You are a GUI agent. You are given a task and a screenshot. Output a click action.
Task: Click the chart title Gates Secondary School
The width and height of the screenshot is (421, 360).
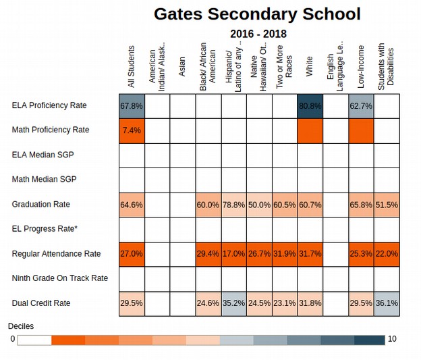click(x=257, y=14)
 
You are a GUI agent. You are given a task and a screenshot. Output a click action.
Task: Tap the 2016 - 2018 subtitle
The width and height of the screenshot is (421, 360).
click(x=258, y=34)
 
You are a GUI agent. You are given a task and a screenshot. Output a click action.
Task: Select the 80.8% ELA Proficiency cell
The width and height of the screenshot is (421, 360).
click(x=310, y=106)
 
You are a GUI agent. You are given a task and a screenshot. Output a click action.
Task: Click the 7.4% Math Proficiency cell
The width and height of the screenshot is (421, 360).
click(x=132, y=130)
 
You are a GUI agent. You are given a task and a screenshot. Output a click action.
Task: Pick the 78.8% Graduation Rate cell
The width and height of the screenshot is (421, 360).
click(x=234, y=205)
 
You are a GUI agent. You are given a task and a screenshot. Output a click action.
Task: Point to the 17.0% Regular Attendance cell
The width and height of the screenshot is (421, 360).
click(x=234, y=254)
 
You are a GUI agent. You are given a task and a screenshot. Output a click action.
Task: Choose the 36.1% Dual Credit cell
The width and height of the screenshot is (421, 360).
click(x=387, y=303)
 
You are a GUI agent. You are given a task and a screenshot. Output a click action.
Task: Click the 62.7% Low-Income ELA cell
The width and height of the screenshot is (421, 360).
click(x=361, y=106)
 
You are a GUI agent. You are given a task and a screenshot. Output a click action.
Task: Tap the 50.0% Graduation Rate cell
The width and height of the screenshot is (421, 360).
click(x=259, y=205)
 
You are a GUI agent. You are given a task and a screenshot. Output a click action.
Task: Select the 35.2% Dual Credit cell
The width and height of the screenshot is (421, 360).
click(x=234, y=303)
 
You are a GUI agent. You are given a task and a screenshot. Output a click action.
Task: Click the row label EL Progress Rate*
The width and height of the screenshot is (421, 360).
click(x=45, y=229)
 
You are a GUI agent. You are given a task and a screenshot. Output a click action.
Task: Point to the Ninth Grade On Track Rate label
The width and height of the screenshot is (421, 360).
click(x=60, y=278)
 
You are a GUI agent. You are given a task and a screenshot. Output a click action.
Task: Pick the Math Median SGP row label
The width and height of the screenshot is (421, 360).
click(x=44, y=179)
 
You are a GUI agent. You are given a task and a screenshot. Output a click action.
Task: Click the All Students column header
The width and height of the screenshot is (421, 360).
click(x=131, y=67)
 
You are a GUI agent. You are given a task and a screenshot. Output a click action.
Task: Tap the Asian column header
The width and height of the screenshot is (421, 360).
click(x=181, y=66)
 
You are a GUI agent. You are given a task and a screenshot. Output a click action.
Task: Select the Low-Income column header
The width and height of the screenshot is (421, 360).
click(x=361, y=67)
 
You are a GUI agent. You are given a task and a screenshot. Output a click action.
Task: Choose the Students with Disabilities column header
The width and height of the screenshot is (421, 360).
click(x=386, y=66)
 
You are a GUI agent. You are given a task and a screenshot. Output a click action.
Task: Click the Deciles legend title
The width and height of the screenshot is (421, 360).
click(x=21, y=326)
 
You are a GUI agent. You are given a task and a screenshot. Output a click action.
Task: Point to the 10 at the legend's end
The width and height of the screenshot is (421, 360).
click(x=392, y=339)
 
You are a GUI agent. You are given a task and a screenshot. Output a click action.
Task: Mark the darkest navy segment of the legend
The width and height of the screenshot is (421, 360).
click(x=370, y=340)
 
